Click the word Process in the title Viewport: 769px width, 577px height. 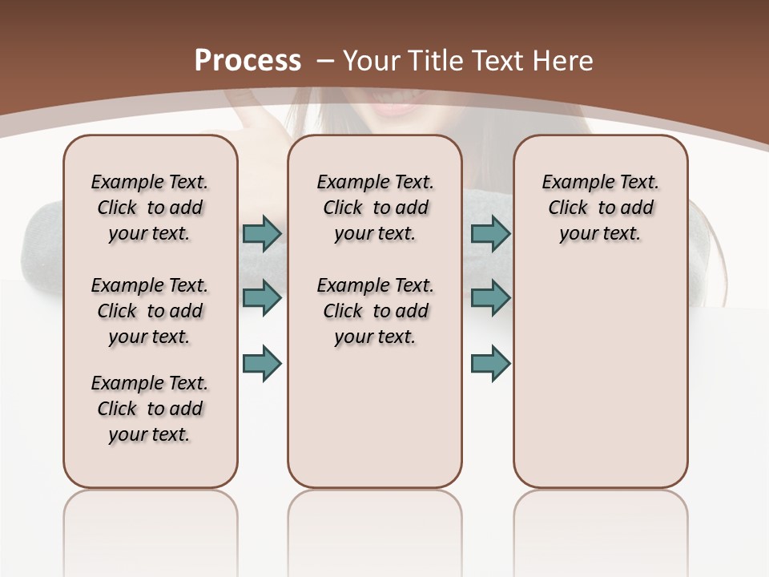pyautogui.click(x=248, y=61)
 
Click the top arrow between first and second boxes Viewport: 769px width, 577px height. pyautogui.click(x=262, y=233)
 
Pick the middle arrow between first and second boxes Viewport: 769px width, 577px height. pyautogui.click(x=262, y=298)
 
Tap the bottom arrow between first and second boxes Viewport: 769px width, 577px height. pyautogui.click(x=262, y=363)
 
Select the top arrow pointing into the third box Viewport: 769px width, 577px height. pyautogui.click(x=490, y=233)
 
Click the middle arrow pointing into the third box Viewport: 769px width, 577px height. pyautogui.click(x=490, y=298)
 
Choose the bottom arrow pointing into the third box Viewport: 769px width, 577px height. pyautogui.click(x=490, y=363)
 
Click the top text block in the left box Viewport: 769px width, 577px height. pyautogui.click(x=150, y=208)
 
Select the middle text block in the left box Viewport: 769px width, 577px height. pyautogui.click(x=150, y=311)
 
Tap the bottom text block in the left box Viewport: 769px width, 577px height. pyautogui.click(x=150, y=409)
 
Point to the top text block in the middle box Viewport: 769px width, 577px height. pyautogui.click(x=376, y=208)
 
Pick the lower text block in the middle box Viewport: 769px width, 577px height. pyautogui.click(x=376, y=311)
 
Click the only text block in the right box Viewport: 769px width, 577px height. pyautogui.click(x=601, y=208)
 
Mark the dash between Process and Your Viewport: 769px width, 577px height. pyautogui.click(x=324, y=61)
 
